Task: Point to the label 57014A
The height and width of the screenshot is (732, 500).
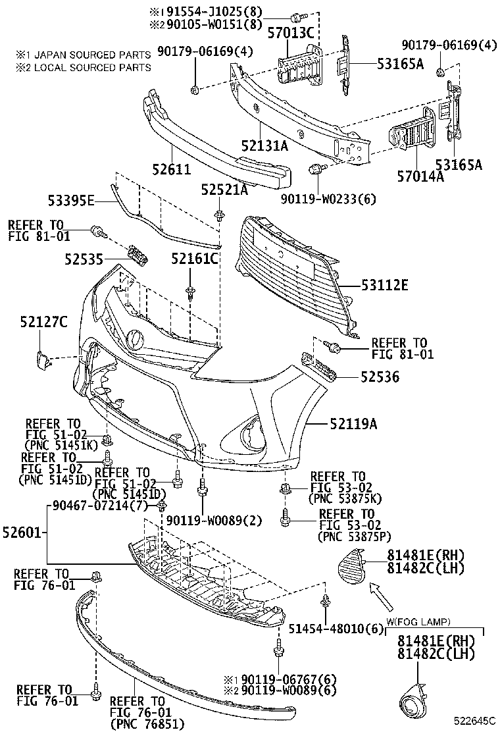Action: pyautogui.click(x=420, y=176)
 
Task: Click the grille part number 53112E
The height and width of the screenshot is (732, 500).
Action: pyautogui.click(x=384, y=285)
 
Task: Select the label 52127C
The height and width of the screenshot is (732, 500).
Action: pyautogui.click(x=44, y=322)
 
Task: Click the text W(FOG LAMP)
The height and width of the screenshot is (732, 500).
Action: pyautogui.click(x=418, y=621)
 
